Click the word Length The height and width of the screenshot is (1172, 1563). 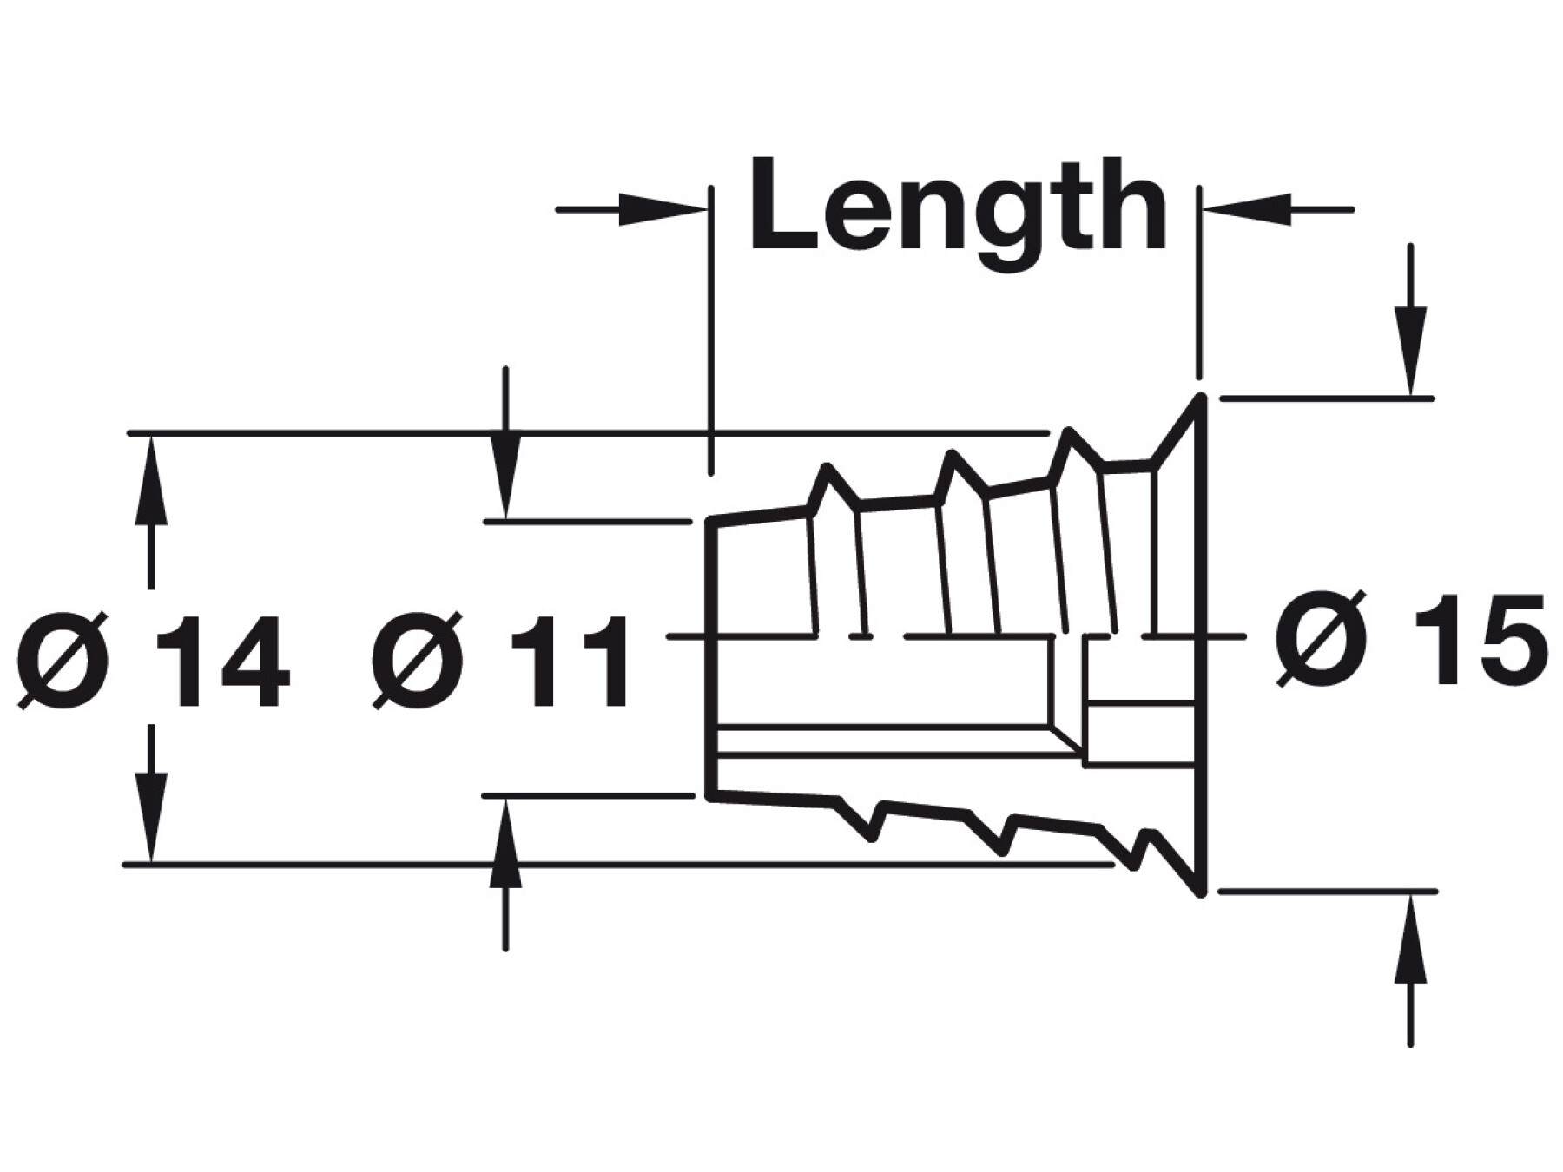click(x=957, y=207)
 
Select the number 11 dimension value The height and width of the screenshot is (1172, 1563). click(x=568, y=662)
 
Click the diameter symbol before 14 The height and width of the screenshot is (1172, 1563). click(x=65, y=662)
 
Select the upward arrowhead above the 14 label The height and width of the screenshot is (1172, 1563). click(x=152, y=473)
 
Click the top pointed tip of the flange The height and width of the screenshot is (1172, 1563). click(x=1201, y=399)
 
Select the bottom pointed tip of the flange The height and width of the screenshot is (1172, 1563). click(x=1201, y=892)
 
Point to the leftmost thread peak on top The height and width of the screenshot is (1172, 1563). click(x=827, y=468)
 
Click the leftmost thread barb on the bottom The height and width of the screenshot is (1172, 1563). click(x=871, y=838)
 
